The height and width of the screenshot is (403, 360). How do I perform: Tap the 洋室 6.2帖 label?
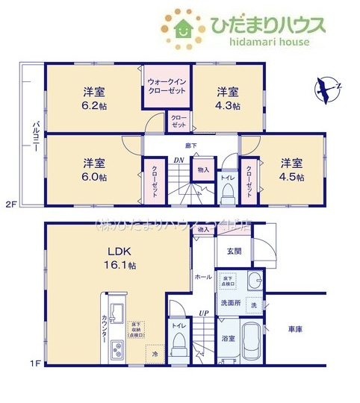click(93, 99)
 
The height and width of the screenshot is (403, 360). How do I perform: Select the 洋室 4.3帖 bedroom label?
click(228, 99)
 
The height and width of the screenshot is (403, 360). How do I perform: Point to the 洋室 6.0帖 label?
click(93, 169)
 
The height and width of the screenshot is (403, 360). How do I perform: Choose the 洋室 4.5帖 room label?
click(292, 169)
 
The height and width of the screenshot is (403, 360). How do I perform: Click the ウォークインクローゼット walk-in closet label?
click(167, 84)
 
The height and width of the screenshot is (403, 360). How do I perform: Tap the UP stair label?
click(203, 313)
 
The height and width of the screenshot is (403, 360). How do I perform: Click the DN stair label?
click(179, 159)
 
